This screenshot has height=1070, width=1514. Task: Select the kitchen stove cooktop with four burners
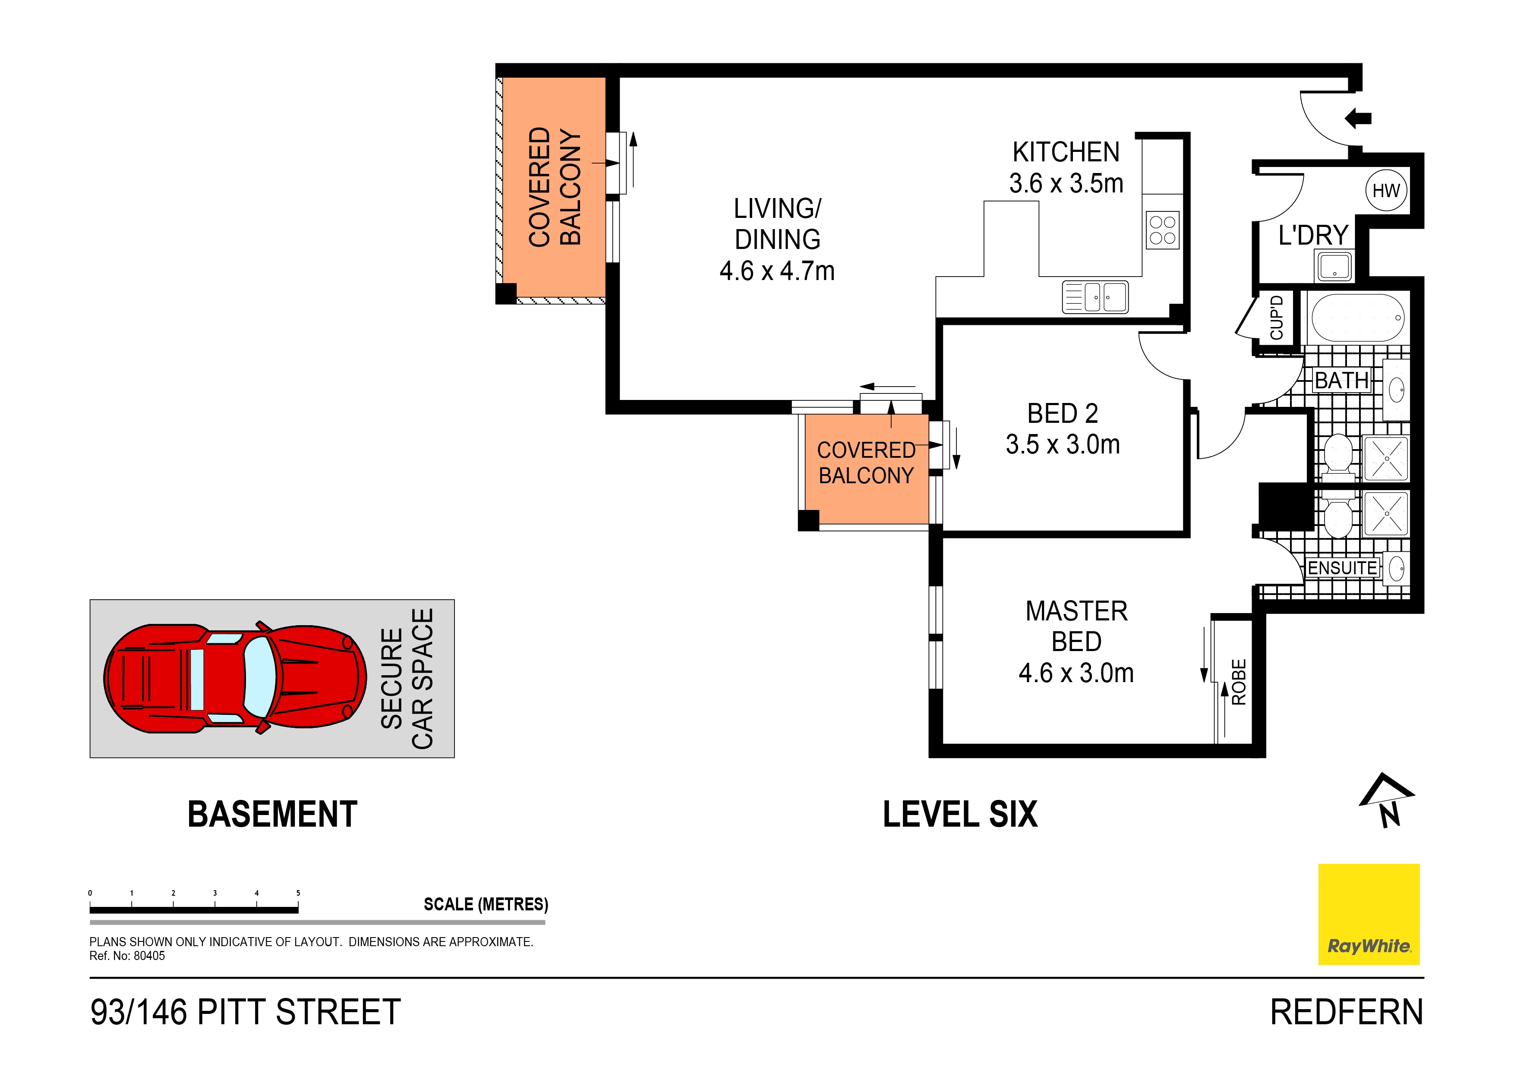point(1163,230)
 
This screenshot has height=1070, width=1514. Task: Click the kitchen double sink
point(1095,297)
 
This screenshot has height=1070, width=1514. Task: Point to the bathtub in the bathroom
point(1358,318)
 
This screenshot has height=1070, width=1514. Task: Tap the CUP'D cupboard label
point(1277,318)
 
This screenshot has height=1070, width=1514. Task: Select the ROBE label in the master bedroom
point(1239,683)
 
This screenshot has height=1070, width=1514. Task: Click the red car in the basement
point(235,678)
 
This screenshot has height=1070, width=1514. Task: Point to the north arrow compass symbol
point(1387,799)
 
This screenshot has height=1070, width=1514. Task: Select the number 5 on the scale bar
point(298,893)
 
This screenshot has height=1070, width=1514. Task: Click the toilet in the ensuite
point(1337,518)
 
